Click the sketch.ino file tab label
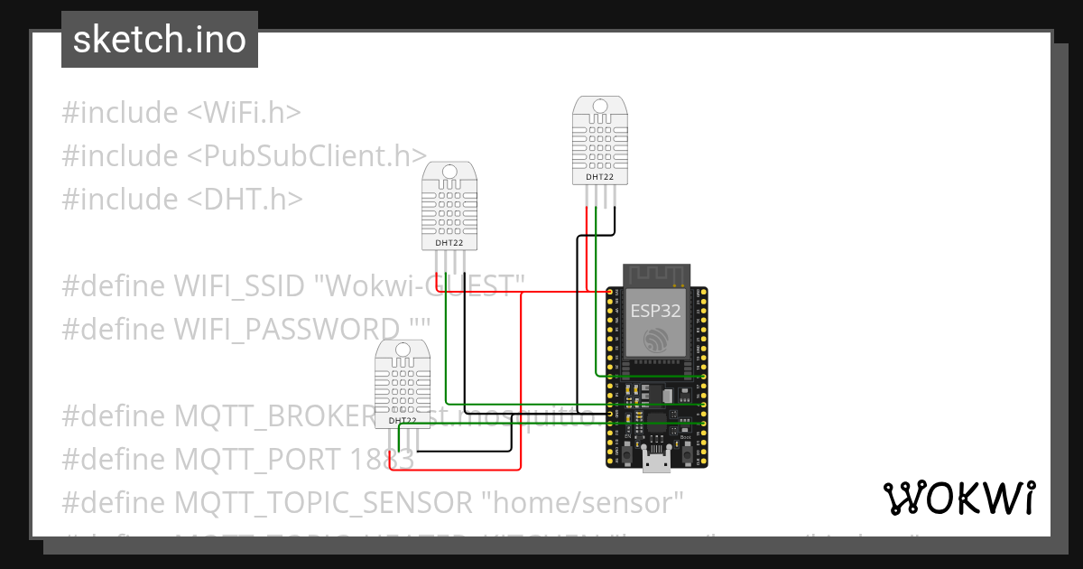160,40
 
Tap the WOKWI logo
958,498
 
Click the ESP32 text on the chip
656,312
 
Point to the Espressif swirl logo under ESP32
656,340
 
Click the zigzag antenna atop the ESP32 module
656,273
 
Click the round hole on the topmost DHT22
597,107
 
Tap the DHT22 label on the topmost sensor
599,177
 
